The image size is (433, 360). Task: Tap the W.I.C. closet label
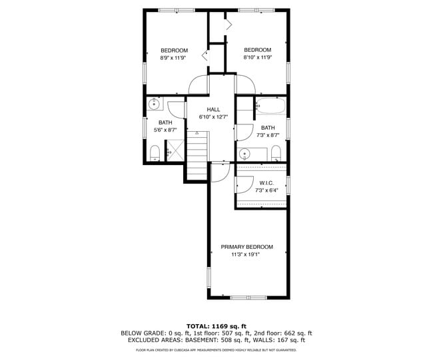[x=265, y=183]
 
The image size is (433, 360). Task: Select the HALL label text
[x=213, y=110]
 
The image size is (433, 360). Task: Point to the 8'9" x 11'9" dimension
[x=173, y=58]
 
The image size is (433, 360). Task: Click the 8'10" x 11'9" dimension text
[x=257, y=58]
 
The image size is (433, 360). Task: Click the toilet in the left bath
[x=155, y=154]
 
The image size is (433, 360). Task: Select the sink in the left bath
[x=155, y=104]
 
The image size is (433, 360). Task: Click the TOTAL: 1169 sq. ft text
[x=216, y=325]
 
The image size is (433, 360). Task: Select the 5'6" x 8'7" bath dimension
[x=165, y=130]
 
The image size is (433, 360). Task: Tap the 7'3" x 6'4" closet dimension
[x=265, y=190]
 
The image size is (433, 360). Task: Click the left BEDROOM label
[x=174, y=51]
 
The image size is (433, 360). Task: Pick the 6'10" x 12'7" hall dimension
[x=213, y=117]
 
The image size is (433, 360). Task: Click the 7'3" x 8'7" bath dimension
[x=268, y=135]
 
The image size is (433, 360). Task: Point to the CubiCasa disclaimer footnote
[x=216, y=349]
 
